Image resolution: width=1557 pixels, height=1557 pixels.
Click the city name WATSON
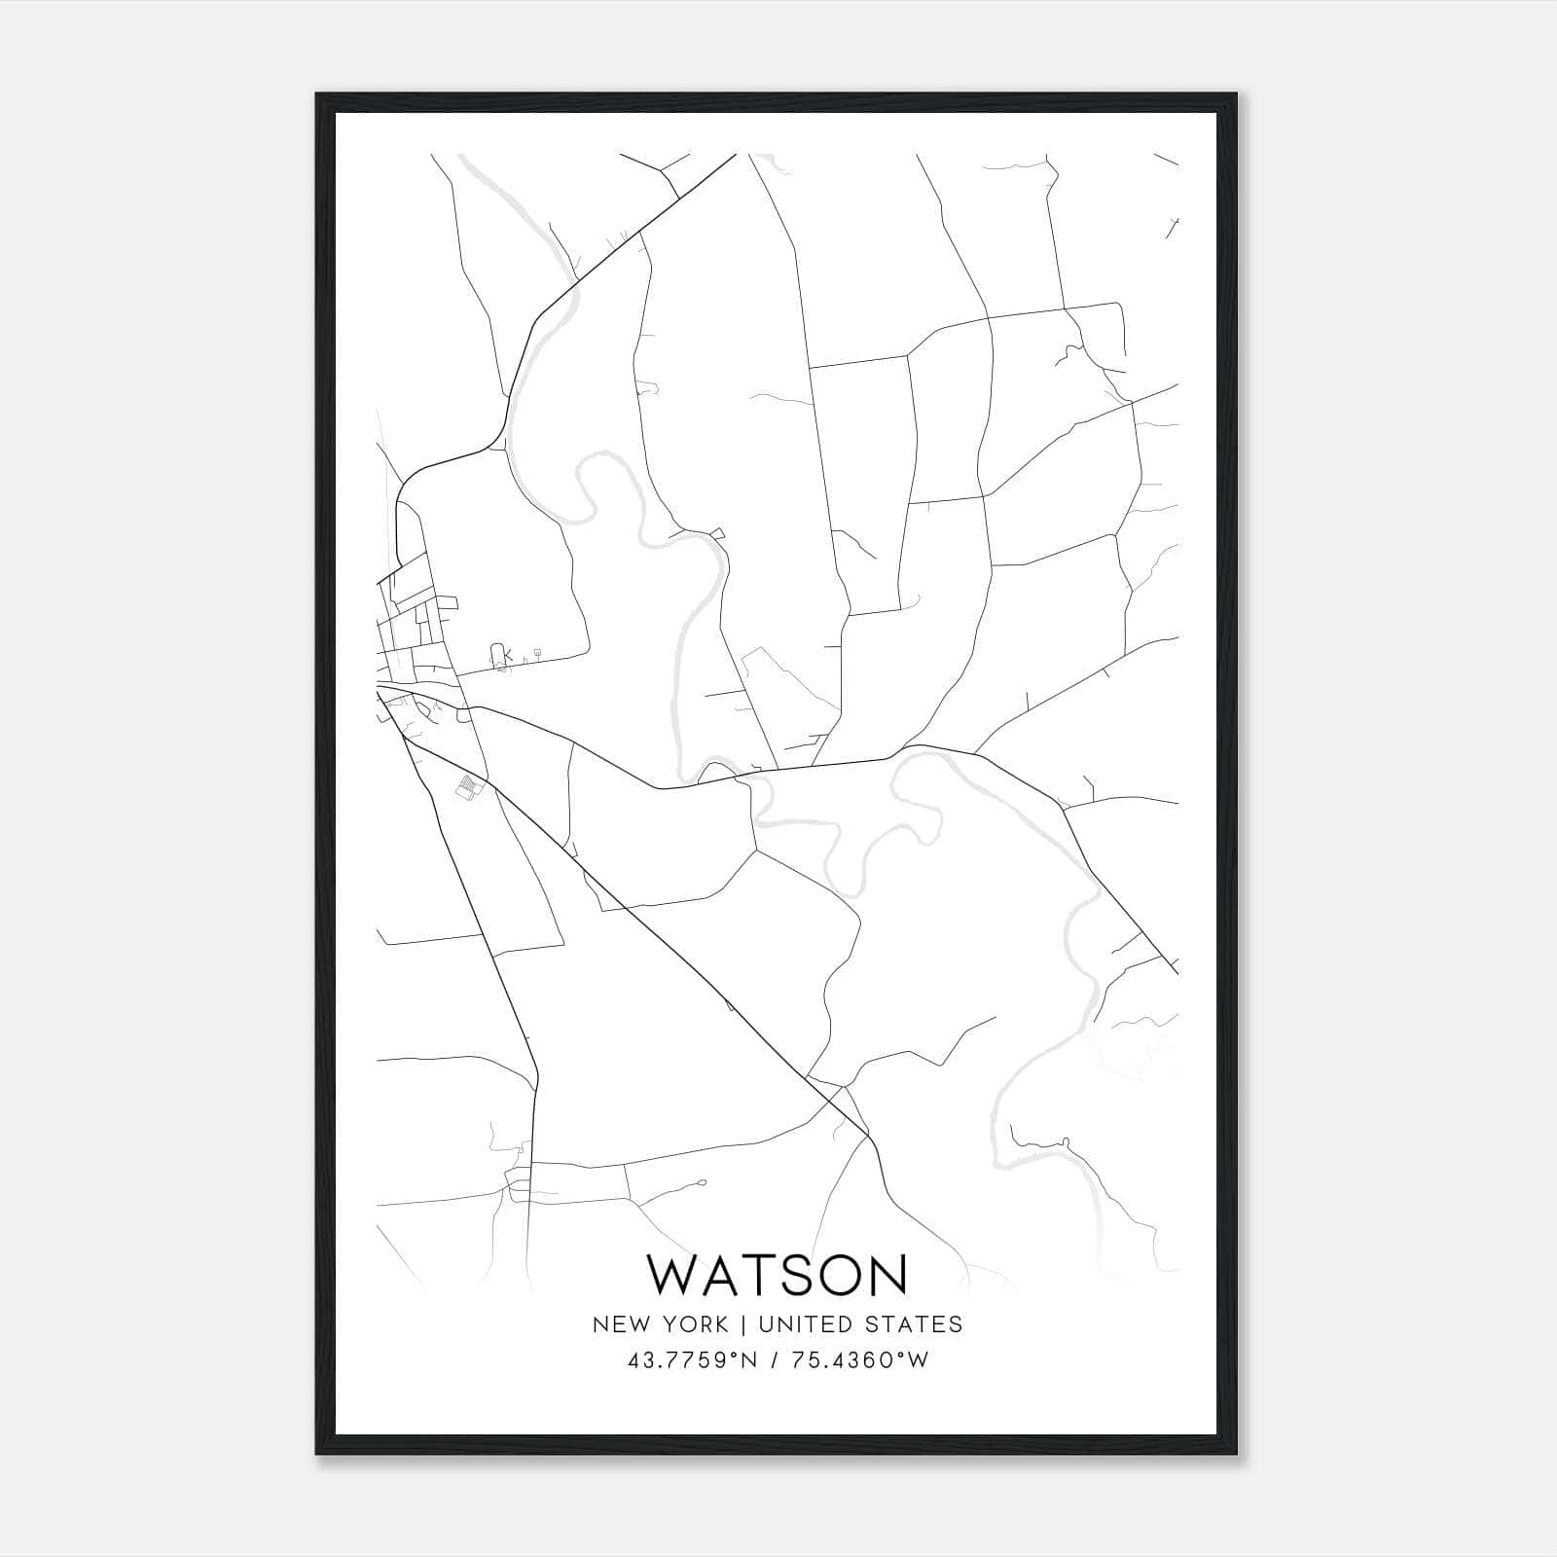(x=777, y=1275)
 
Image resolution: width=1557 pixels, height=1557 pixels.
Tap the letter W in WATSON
(x=670, y=1275)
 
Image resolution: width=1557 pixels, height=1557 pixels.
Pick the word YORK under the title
(x=694, y=1323)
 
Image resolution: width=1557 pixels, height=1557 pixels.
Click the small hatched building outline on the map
(x=470, y=785)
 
